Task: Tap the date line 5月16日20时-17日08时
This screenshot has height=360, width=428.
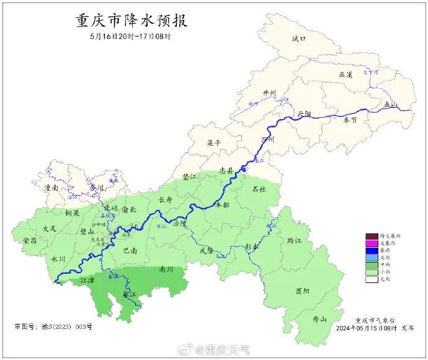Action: coord(130,36)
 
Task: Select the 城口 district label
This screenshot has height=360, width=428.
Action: coord(299,38)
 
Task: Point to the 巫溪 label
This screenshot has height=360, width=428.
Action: coord(346,74)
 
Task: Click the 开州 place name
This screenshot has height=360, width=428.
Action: coord(269,93)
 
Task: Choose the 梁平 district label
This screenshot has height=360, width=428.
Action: coord(214,143)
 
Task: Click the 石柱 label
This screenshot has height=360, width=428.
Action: coord(259,189)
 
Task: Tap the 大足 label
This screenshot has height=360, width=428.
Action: coord(50,229)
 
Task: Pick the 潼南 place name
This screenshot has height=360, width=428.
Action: coord(51,187)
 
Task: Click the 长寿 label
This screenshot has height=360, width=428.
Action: coord(166,200)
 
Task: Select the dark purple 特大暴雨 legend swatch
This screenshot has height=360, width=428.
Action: coord(372,236)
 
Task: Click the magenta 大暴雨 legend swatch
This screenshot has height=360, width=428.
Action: coord(372,244)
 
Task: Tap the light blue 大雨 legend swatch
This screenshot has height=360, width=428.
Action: coord(372,258)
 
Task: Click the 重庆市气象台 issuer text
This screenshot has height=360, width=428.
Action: coord(375,319)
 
